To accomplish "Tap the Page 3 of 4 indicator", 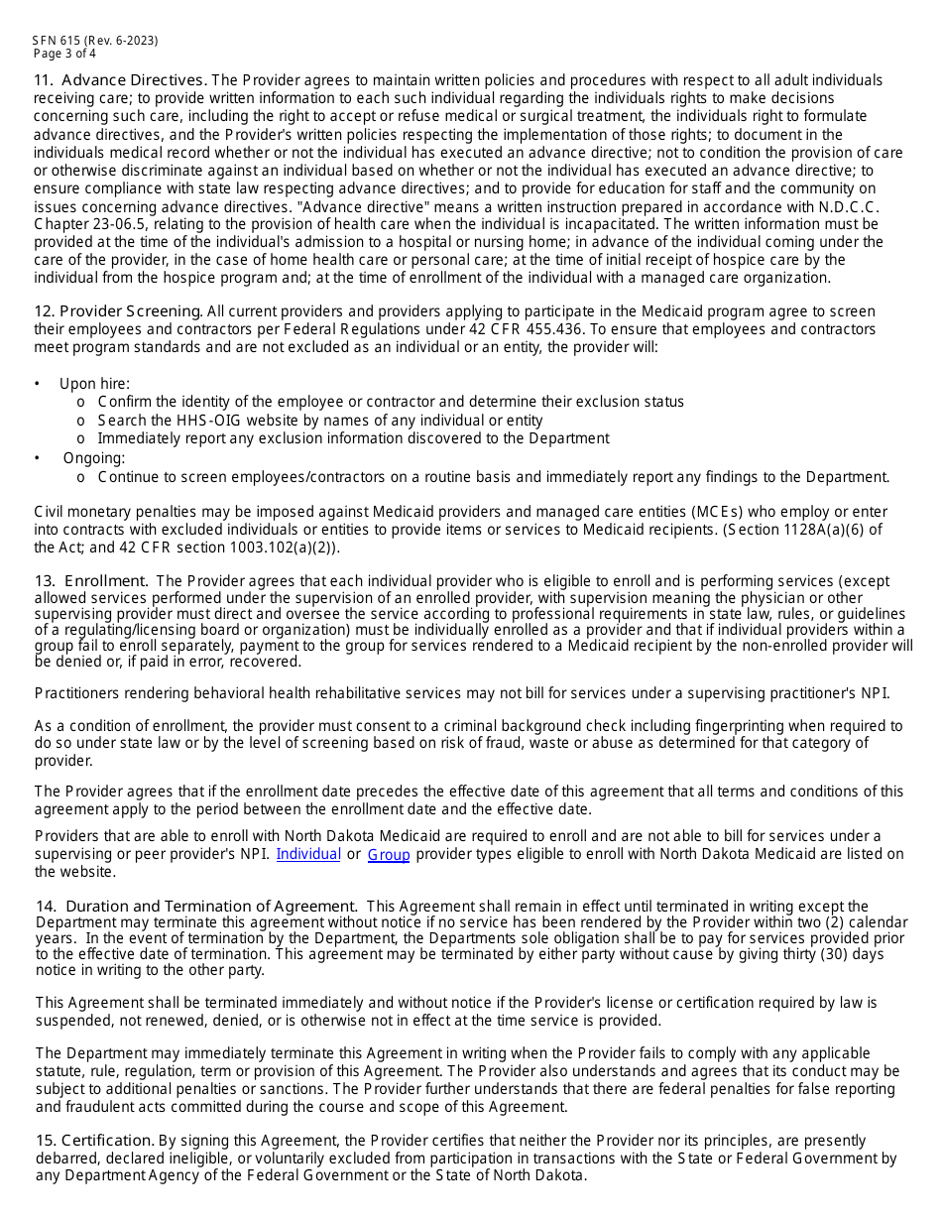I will (x=64, y=54).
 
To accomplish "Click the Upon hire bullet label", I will (x=94, y=384).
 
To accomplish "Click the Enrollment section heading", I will (x=106, y=581).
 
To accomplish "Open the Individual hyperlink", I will (x=308, y=854).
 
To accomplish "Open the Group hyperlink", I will (x=389, y=854).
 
